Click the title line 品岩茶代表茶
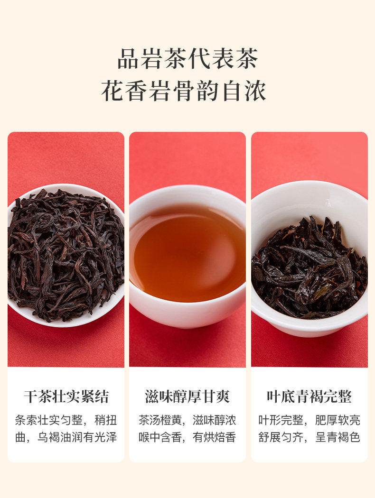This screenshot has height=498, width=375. pos(187,59)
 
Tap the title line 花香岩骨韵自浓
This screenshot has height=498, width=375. pos(184,91)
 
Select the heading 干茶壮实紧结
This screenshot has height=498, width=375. pos(66,397)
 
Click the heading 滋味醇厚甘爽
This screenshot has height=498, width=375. pos(187,397)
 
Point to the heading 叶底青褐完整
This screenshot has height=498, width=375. pos(309,397)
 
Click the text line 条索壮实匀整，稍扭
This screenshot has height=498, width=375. pos(66,420)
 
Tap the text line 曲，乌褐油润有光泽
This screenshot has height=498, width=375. pos(66,437)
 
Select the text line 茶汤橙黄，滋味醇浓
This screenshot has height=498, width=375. pos(187,420)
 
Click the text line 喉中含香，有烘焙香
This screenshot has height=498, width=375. pos(187,437)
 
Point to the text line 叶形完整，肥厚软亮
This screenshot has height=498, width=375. pos(309,420)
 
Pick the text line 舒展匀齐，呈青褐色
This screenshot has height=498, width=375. pos(309,437)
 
